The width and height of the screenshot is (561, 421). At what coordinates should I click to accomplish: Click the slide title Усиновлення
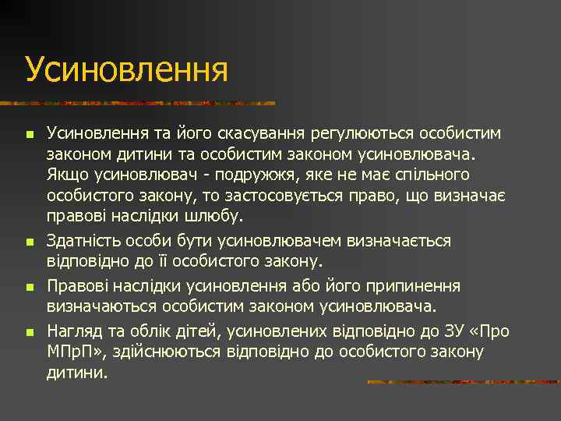click(x=126, y=69)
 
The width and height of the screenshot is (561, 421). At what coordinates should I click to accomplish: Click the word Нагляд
click(x=76, y=331)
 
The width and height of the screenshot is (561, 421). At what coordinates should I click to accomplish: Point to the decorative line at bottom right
click(x=463, y=382)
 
